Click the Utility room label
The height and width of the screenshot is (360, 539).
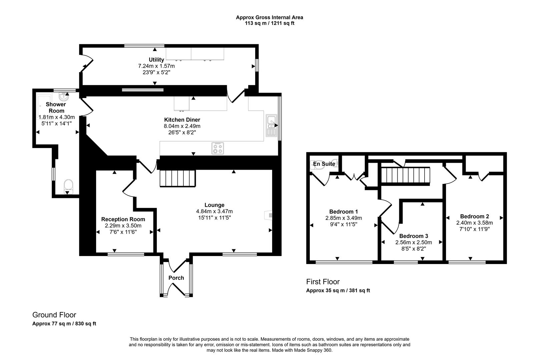pos(156,60)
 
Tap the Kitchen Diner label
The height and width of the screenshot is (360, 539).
pos(182,120)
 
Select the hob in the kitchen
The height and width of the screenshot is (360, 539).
pos(218,148)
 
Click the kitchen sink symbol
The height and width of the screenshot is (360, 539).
pos(271,125)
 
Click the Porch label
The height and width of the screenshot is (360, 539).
pos(176,278)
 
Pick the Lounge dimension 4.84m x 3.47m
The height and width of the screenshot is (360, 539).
pos(214,211)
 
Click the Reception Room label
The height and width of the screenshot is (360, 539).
pos(123,219)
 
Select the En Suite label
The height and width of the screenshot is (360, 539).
pos(324,164)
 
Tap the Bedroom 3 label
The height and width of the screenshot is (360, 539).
pos(414,236)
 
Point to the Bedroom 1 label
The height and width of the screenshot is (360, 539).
pos(343,211)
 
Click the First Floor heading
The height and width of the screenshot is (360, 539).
pos(323,282)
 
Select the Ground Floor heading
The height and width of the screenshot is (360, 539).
pos(54,315)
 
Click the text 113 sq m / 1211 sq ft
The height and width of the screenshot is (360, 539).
pos(269,23)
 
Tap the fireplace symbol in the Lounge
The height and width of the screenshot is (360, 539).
pos(268,215)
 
